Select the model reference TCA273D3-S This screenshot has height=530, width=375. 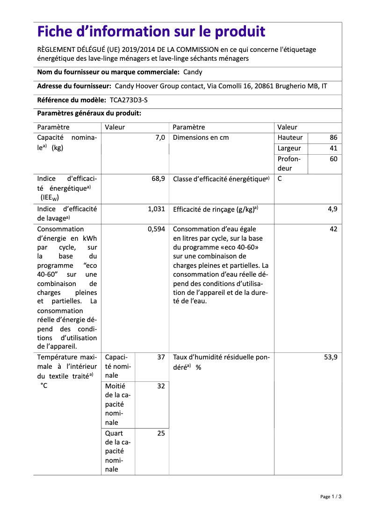[131, 100]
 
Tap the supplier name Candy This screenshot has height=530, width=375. [193, 72]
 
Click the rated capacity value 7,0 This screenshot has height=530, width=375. [160, 137]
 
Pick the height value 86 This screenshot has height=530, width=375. [333, 137]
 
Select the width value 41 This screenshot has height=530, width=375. [333, 148]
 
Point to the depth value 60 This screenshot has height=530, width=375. [333, 159]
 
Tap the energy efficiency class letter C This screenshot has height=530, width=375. [280, 179]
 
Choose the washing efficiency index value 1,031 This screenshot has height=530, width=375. [156, 209]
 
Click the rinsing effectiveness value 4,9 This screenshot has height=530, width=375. [332, 209]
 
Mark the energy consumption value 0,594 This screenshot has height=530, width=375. [156, 229]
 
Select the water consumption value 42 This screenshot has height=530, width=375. [333, 229]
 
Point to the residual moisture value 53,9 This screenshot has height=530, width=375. [330, 357]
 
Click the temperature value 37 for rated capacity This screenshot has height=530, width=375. [161, 357]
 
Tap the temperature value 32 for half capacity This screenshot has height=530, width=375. [161, 387]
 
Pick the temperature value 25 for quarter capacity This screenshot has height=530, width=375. [161, 433]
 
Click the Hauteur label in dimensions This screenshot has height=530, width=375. [290, 137]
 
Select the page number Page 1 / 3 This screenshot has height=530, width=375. [331, 496]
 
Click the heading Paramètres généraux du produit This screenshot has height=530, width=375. [89, 113]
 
